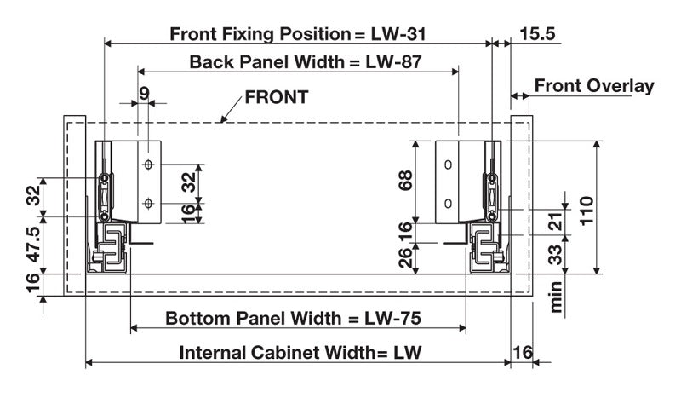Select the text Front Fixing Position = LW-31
point(297,34)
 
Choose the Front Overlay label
point(593,86)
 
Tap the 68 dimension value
point(406,182)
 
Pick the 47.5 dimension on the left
point(32,245)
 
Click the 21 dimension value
point(554,220)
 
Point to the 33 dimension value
point(554,253)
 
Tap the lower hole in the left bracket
point(148,203)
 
